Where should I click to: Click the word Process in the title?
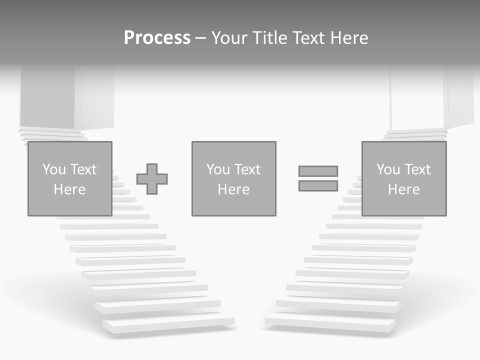[x=157, y=38]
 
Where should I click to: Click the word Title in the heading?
[x=270, y=38]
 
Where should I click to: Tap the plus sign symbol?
[x=152, y=179]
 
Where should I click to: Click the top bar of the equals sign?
[x=318, y=171]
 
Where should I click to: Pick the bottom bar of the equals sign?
[x=318, y=186]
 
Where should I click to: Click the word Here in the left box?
[x=69, y=189]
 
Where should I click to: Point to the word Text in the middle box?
[x=248, y=169]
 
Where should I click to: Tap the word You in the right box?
[x=388, y=169]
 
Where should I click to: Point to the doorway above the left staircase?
[x=47, y=97]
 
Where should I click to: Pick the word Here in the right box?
[x=404, y=189]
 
